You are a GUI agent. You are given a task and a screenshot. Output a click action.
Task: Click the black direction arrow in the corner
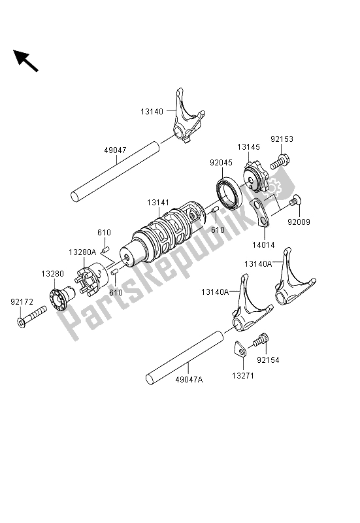click(25, 61)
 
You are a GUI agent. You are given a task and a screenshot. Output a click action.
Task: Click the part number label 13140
click(152, 112)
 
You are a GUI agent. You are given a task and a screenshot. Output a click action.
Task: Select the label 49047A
click(189, 379)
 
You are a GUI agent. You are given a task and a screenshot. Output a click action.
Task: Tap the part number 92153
click(282, 139)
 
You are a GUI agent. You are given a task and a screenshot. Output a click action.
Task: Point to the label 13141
click(158, 203)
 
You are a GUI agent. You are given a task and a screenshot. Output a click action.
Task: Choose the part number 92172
click(22, 302)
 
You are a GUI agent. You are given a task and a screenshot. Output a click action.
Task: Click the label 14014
click(264, 245)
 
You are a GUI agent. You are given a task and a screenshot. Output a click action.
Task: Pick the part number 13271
click(243, 375)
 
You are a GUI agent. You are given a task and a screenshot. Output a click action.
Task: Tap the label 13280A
click(82, 252)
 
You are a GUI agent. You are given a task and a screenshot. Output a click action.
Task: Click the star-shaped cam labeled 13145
click(255, 177)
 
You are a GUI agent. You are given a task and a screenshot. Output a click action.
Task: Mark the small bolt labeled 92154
click(261, 339)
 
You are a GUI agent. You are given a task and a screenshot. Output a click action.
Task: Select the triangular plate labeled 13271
click(239, 348)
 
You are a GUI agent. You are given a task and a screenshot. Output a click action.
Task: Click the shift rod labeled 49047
click(116, 171)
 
